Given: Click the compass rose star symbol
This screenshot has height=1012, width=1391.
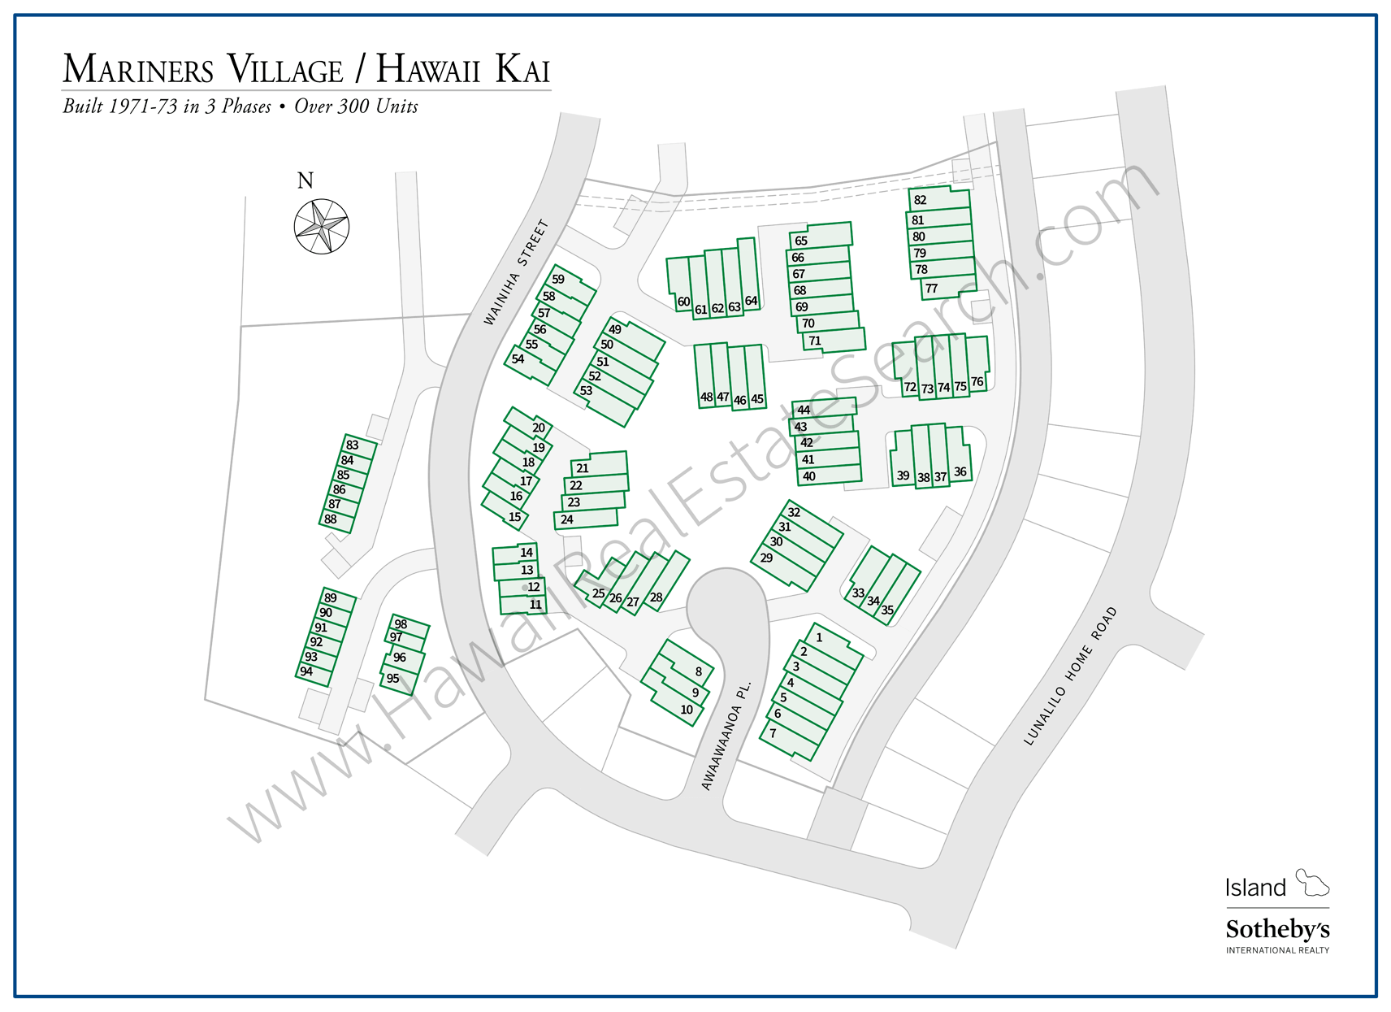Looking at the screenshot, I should (322, 226).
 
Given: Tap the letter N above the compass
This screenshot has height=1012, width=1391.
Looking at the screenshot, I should (305, 180).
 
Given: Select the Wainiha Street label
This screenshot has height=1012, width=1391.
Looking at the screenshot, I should (516, 272).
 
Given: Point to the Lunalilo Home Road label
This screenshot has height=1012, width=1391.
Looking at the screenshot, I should (1070, 675).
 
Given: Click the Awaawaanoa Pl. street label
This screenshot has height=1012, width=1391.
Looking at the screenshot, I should (726, 736).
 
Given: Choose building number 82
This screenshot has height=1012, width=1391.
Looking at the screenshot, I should (921, 200).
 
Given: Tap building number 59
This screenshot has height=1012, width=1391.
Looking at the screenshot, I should (558, 279).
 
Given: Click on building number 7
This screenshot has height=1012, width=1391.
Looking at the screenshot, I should (773, 733).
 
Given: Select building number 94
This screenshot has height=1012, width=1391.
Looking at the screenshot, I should (306, 671).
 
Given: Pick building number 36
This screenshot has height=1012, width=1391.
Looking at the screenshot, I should (960, 471).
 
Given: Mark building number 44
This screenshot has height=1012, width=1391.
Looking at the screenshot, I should (804, 410).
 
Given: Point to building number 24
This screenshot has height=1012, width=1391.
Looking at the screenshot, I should (567, 519).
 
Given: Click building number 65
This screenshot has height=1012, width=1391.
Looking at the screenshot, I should (801, 241).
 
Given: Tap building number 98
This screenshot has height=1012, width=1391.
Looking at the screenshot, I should (401, 624).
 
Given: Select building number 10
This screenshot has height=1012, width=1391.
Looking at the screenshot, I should (687, 710).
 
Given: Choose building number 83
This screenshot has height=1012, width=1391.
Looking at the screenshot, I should (352, 445).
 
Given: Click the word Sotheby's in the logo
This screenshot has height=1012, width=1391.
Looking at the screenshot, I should (1277, 929).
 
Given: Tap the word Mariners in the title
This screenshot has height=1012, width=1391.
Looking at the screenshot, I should (138, 70).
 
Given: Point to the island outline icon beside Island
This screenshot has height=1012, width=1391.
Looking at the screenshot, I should (1311, 882).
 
